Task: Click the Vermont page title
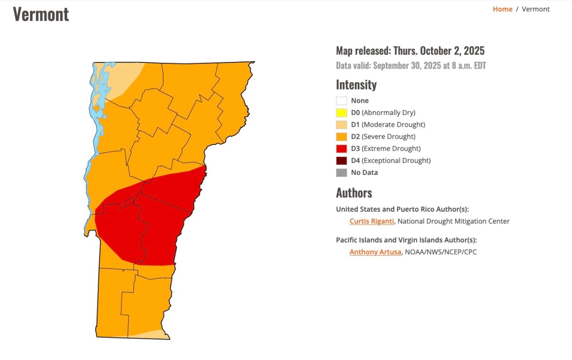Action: [x=41, y=14]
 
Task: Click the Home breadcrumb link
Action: [x=502, y=9]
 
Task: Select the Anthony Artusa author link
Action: [x=375, y=252]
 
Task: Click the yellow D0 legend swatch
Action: [x=341, y=113]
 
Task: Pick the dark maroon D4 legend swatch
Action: [x=341, y=161]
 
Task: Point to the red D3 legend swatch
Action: [x=341, y=149]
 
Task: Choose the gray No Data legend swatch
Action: [x=341, y=173]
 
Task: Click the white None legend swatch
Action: [x=341, y=101]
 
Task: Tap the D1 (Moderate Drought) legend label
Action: [x=388, y=124]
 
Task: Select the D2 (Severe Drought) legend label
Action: [x=383, y=137]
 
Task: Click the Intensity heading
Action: [x=356, y=85]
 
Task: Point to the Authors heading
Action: [x=354, y=193]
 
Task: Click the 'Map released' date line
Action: [x=410, y=51]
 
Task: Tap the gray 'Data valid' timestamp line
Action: [x=410, y=66]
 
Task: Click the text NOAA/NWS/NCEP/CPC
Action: [x=441, y=252]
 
